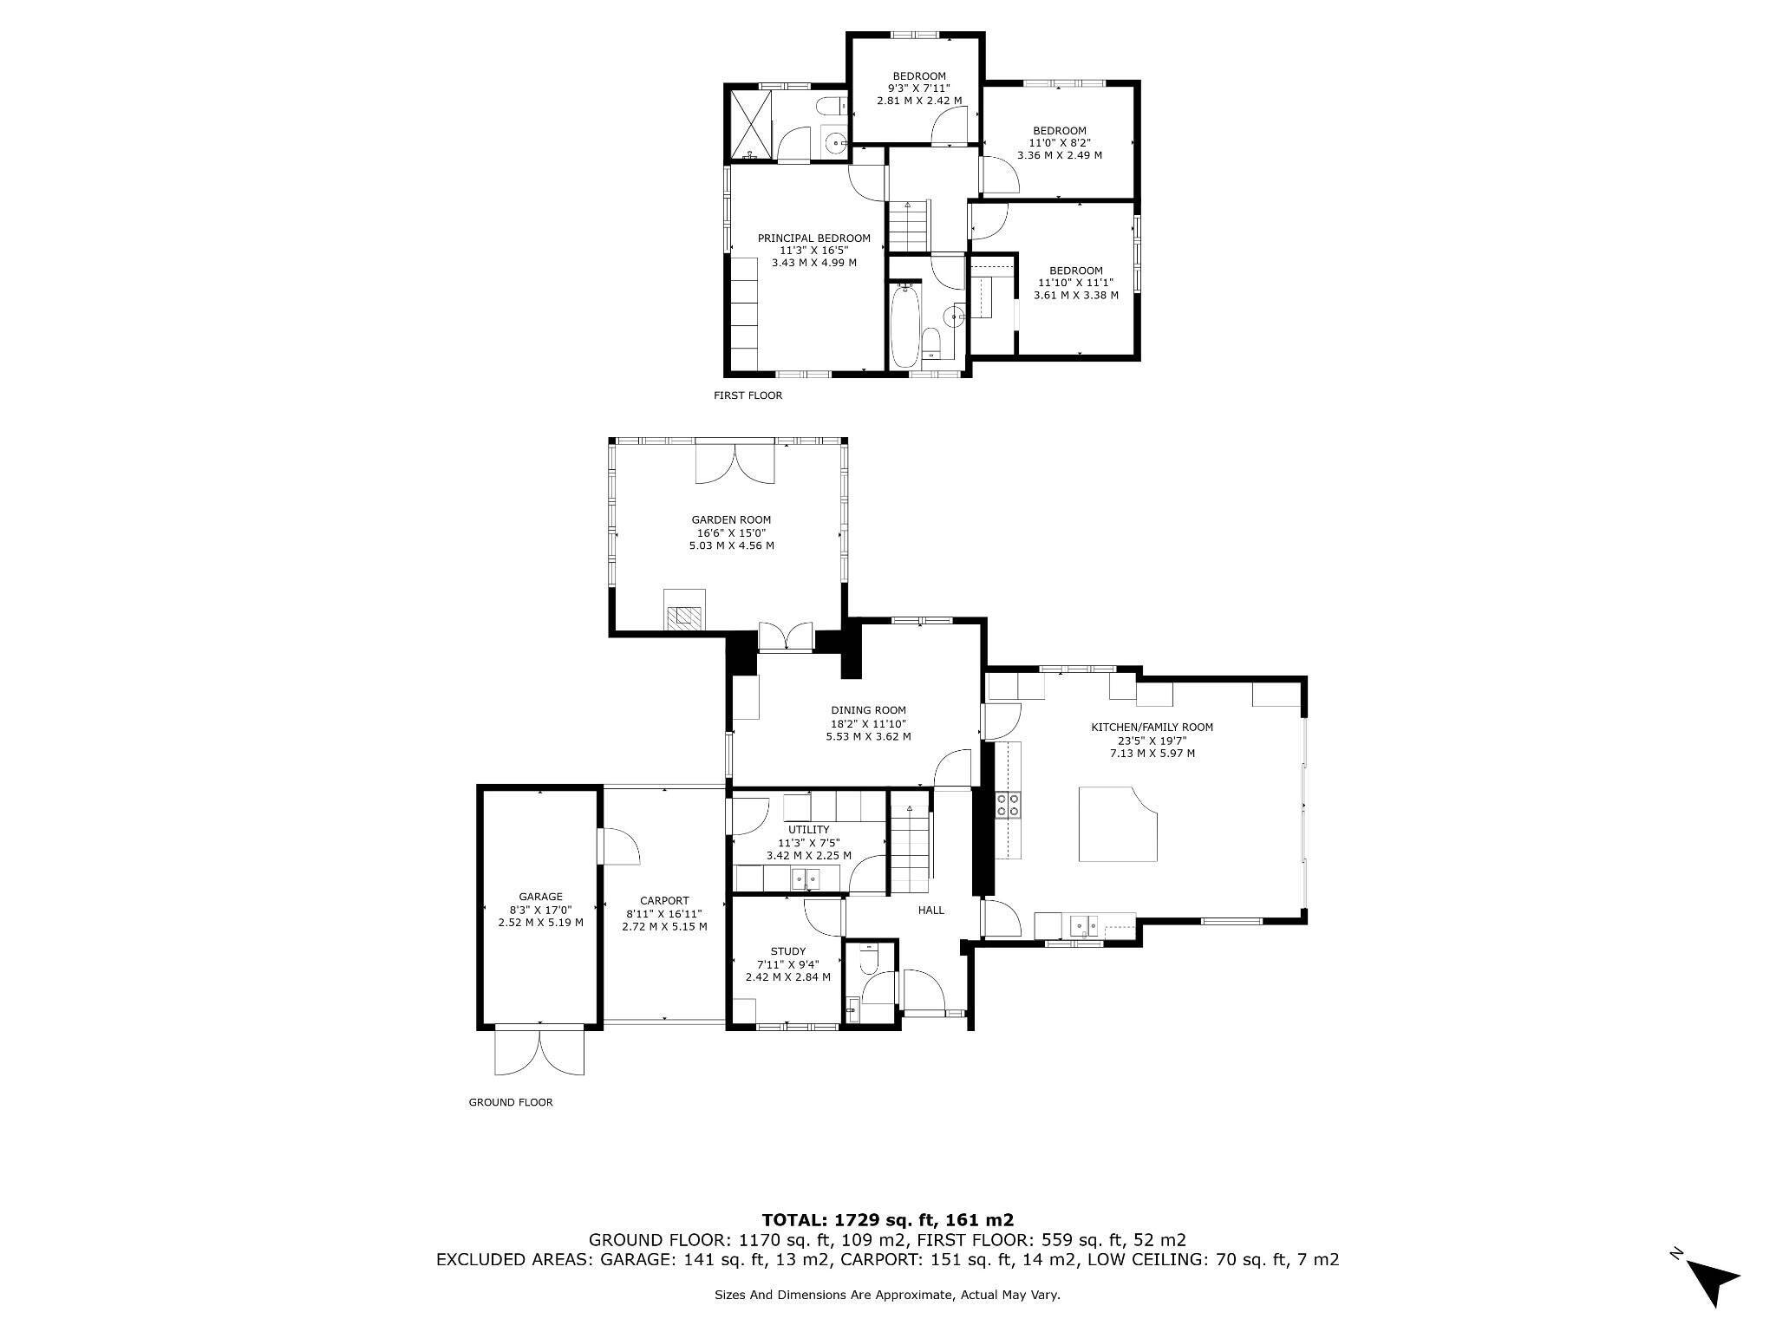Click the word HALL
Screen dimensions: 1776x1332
(x=931, y=911)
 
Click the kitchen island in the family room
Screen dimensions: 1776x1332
(x=1118, y=824)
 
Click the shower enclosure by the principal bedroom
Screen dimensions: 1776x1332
(x=749, y=125)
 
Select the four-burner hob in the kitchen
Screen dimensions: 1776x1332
(x=1009, y=805)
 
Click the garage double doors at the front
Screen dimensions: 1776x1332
(x=539, y=1051)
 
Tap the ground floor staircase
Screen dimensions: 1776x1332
(x=910, y=848)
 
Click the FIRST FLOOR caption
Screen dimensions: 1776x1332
(x=748, y=395)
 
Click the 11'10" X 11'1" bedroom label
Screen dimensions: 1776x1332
(x=1075, y=283)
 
